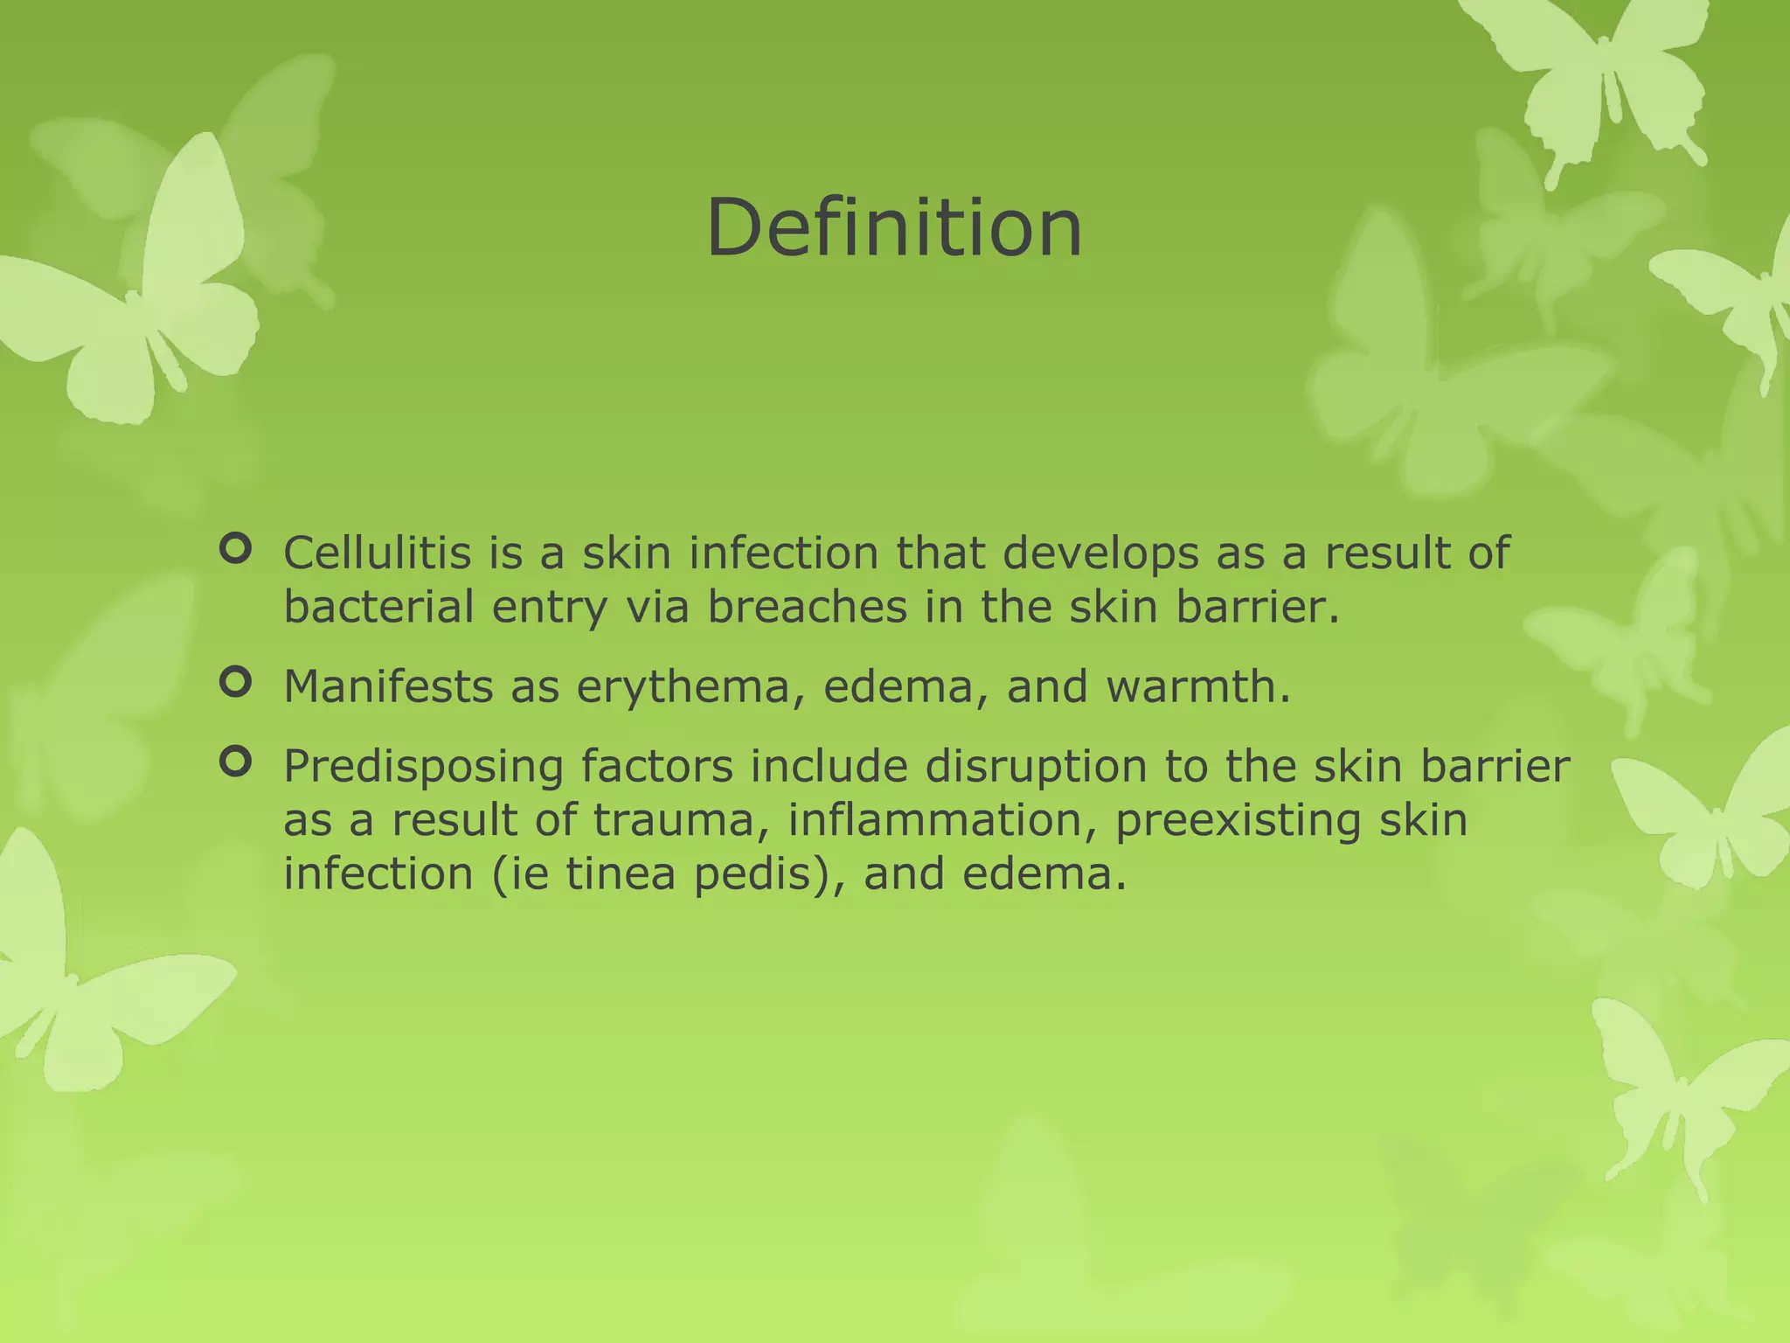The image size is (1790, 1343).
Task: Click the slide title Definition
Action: coord(894,228)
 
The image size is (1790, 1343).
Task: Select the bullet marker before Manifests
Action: coord(235,682)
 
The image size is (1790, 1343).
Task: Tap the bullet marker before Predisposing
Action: coord(235,762)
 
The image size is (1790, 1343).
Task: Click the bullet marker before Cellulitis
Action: coord(235,549)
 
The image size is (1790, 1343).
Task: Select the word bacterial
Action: coord(378,607)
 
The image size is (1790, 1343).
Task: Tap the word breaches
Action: coord(807,607)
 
